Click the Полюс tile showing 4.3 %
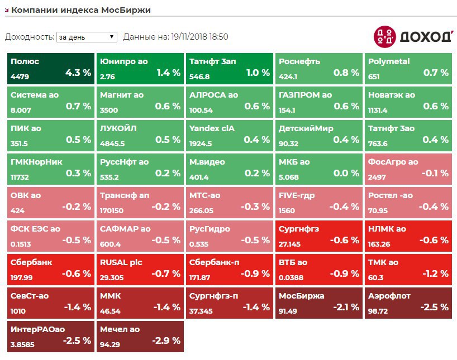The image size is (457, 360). [51, 68]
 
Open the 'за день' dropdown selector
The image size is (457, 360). [87, 37]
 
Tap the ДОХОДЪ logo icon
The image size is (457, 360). [384, 36]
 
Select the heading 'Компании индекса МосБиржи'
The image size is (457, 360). [81, 10]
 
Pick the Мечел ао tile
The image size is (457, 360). [140, 336]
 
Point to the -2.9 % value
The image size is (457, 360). [166, 340]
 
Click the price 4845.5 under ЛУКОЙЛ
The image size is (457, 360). [112, 143]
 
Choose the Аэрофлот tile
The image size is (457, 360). [408, 303]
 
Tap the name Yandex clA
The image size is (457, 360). [212, 128]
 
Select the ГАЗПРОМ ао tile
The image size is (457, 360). [319, 102]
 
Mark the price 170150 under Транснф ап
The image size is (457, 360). [112, 210]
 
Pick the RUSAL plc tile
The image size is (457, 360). [140, 269]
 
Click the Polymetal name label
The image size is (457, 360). [389, 61]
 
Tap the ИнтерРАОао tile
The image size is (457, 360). [51, 336]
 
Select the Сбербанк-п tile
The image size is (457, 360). [230, 269]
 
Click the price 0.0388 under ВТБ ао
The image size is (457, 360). [291, 277]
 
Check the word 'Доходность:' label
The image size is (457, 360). [29, 37]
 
